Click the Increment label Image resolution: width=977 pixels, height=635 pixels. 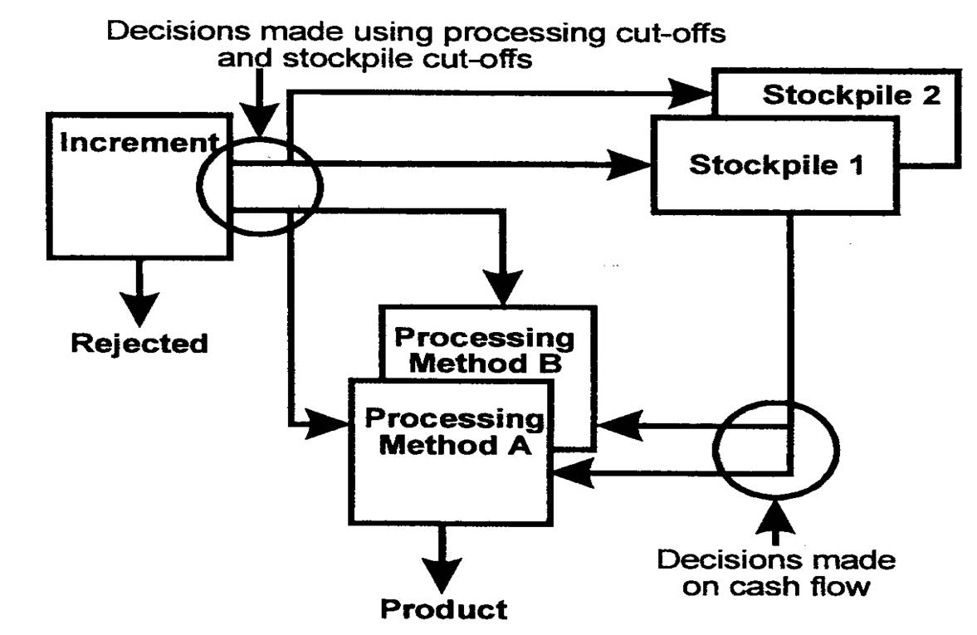(133, 144)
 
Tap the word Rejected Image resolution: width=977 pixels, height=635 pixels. (139, 342)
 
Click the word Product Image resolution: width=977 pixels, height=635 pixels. (443, 609)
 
